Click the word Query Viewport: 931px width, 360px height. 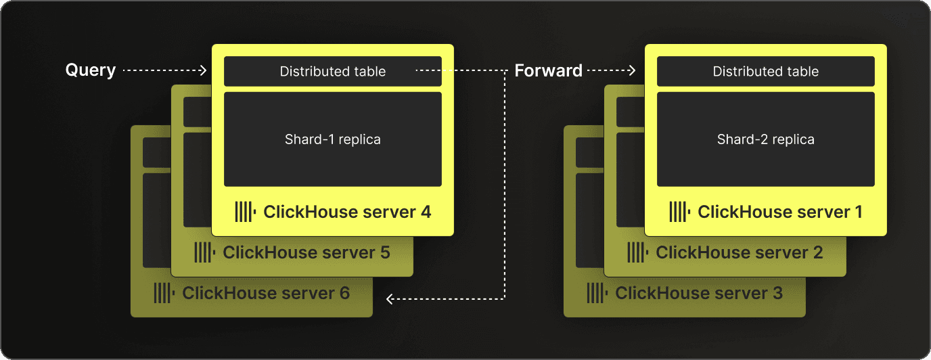click(91, 70)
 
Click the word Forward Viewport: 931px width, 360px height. click(548, 70)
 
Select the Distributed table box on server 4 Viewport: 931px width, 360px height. click(332, 71)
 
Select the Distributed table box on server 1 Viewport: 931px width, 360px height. click(765, 71)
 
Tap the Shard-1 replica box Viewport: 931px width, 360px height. click(332, 139)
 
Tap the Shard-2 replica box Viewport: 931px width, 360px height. click(765, 139)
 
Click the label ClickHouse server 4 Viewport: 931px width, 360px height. click(347, 212)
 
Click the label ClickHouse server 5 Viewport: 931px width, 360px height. click(306, 252)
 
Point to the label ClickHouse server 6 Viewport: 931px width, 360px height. click(266, 293)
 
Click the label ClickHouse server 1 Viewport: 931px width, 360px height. click(780, 212)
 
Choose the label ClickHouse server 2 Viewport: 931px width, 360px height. click(740, 252)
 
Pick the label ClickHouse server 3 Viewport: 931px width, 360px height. click(699, 293)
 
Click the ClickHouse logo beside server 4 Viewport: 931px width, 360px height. click(245, 212)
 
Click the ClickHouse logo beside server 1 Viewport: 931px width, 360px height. click(679, 212)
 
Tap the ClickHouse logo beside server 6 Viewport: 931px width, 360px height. click(164, 293)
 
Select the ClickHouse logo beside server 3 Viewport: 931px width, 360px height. click(597, 293)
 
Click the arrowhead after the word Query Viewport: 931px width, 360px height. click(203, 70)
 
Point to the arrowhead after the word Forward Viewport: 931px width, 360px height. click(632, 70)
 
